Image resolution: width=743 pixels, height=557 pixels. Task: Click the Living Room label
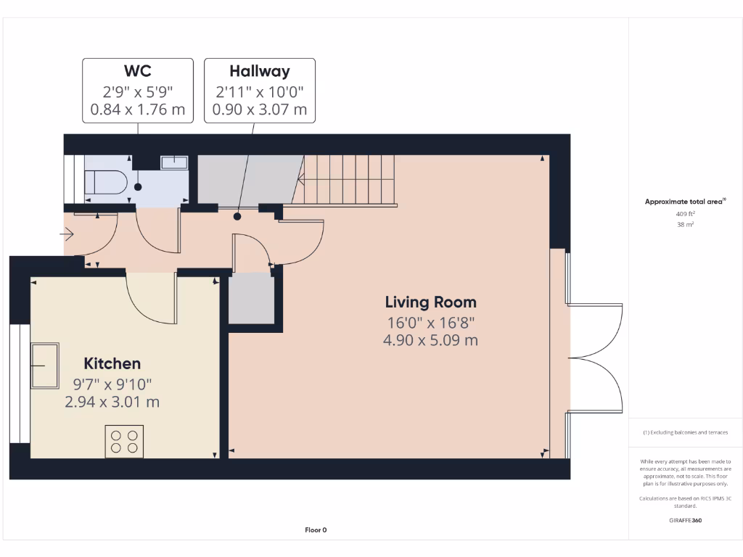click(x=430, y=302)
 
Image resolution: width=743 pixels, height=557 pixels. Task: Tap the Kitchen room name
click(x=112, y=363)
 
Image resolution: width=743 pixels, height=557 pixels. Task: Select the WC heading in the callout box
click(x=138, y=71)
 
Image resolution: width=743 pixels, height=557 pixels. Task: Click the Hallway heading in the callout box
click(x=260, y=71)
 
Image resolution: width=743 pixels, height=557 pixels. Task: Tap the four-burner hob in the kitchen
click(x=123, y=441)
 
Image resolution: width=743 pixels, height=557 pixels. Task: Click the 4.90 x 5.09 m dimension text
click(x=430, y=340)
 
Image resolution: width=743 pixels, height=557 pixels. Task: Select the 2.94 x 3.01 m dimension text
click(x=112, y=402)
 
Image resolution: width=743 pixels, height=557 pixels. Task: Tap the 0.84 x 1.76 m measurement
click(x=138, y=110)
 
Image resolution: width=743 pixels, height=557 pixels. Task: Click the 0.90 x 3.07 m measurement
click(x=260, y=110)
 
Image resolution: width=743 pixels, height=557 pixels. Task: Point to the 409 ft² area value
click(x=685, y=214)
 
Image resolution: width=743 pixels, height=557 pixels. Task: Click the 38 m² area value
click(x=685, y=225)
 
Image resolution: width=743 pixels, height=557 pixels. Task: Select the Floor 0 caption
click(x=316, y=530)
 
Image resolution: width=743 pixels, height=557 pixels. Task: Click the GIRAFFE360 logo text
click(x=685, y=520)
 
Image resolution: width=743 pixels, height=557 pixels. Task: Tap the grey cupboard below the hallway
click(x=252, y=298)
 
